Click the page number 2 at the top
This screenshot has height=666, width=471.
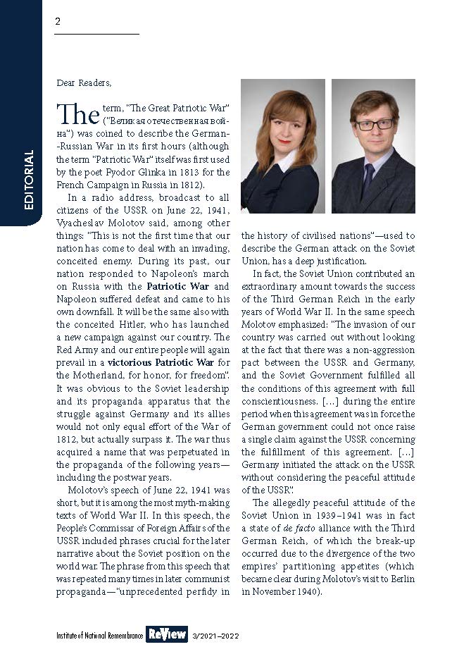[x=58, y=21]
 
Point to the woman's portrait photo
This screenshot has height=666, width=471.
[x=282, y=146]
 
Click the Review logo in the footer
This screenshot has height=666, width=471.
[x=167, y=634]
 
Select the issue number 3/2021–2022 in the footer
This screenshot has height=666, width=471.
[x=215, y=636]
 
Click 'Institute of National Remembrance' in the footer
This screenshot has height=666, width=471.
[x=99, y=636]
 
